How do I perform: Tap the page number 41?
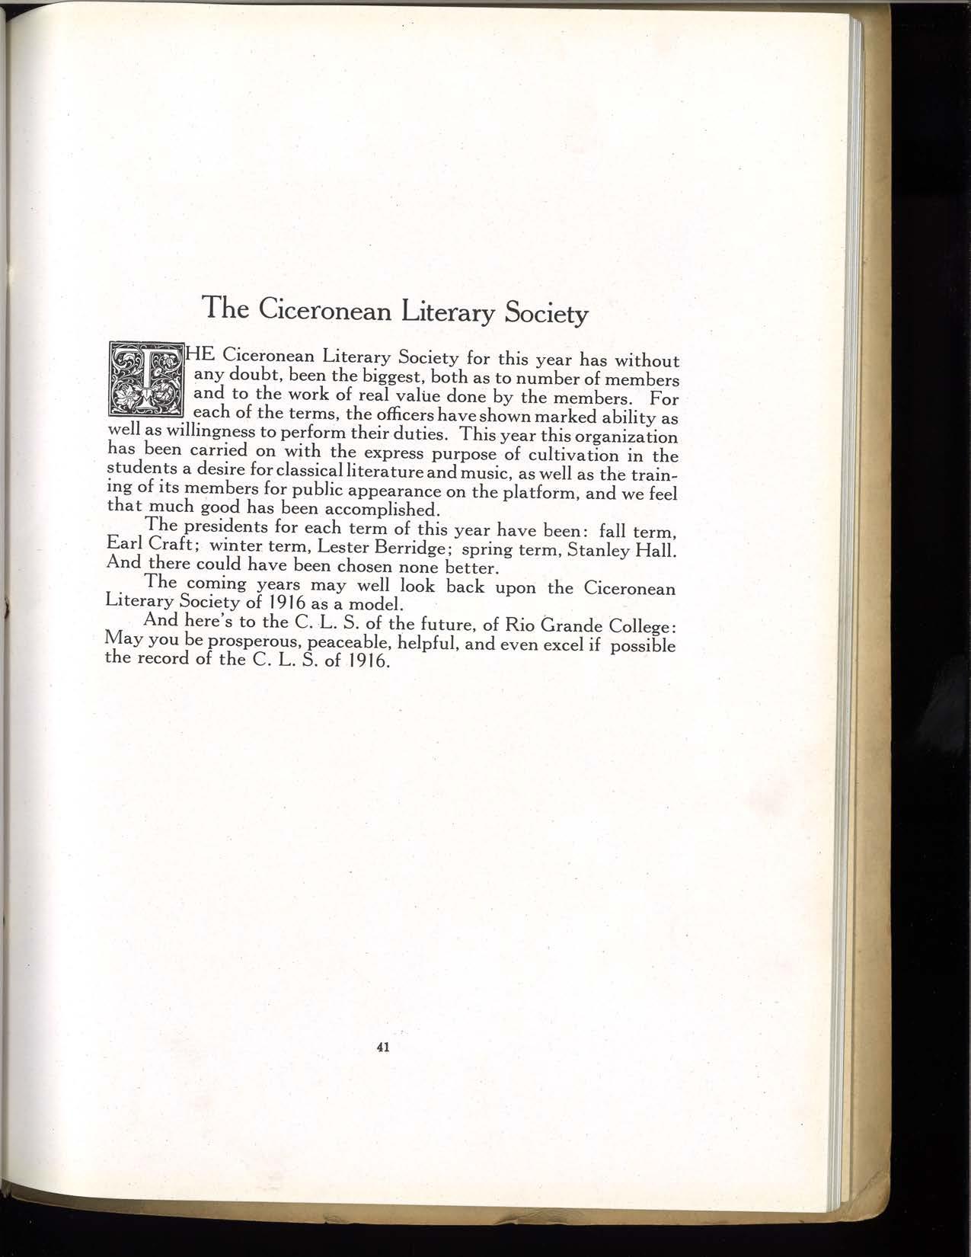[383, 1047]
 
